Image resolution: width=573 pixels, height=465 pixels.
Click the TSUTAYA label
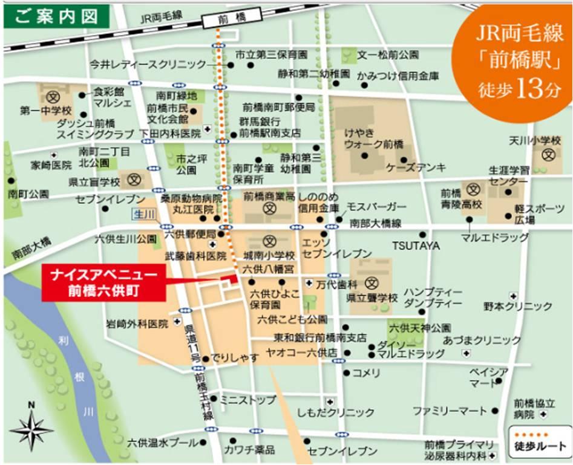tap(416, 246)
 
